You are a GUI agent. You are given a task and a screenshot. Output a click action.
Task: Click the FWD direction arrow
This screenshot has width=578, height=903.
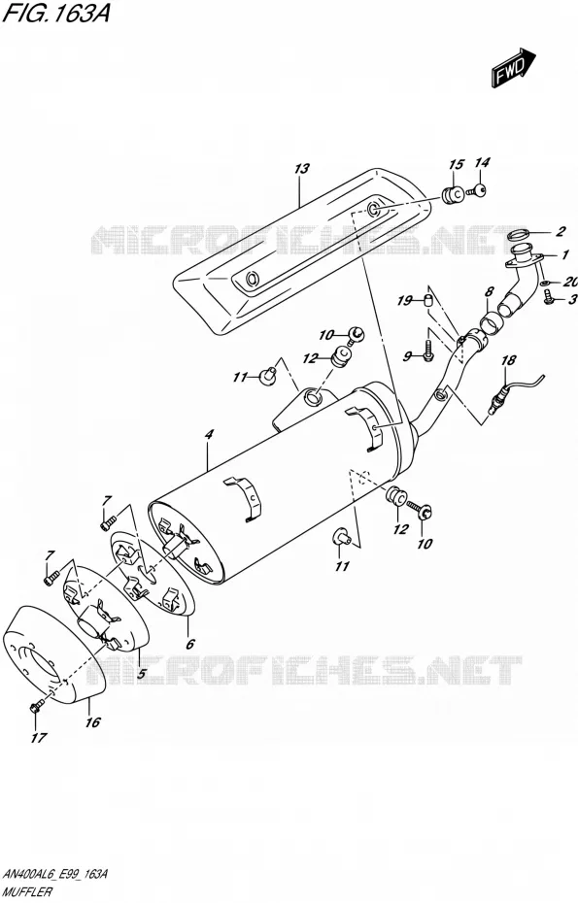(513, 68)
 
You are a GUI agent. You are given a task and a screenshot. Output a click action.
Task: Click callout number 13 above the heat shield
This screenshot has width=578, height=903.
(301, 169)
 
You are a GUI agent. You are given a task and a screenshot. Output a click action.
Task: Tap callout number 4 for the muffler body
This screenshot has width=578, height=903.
(209, 434)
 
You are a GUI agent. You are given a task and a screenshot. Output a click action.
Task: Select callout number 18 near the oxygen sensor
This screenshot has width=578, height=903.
(508, 360)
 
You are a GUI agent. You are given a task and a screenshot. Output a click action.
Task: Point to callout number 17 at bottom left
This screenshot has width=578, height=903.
(39, 737)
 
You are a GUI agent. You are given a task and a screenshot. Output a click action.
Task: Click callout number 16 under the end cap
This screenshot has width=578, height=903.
(93, 721)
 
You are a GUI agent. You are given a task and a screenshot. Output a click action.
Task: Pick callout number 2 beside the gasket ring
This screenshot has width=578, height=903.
(561, 232)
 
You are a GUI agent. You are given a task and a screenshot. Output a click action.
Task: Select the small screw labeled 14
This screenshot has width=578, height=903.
(478, 188)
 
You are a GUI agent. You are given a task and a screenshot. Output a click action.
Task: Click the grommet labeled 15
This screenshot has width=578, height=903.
(454, 194)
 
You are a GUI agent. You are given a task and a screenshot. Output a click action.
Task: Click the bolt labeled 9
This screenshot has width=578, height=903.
(428, 351)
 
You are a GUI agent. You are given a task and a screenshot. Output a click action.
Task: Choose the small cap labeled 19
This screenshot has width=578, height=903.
(428, 300)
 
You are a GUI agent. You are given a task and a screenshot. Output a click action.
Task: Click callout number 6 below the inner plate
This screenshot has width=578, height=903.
(190, 644)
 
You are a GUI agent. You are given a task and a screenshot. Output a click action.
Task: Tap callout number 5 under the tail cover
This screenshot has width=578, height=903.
(141, 672)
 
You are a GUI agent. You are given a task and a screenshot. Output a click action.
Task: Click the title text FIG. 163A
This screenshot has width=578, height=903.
(56, 14)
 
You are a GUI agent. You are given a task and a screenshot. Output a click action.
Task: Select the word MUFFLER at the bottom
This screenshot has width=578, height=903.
(27, 892)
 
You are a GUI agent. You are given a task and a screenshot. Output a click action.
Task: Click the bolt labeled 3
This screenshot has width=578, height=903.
(548, 298)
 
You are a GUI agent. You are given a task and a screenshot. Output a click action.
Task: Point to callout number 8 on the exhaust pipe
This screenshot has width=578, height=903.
(489, 292)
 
